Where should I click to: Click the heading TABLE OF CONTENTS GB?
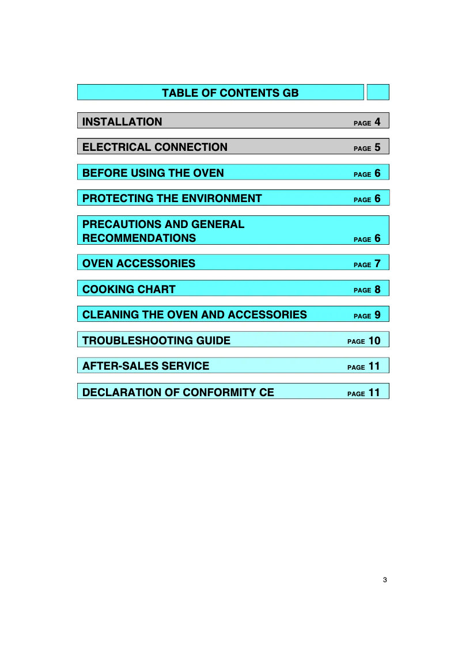tap(230, 93)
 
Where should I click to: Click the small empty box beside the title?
tap(378, 92)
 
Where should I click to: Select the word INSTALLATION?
tap(122, 122)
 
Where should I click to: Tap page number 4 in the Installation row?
tap(377, 122)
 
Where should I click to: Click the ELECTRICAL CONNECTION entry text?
tap(155, 147)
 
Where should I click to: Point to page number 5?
tap(377, 147)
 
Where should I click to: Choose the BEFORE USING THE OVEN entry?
tap(153, 173)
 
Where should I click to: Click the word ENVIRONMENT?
tap(222, 198)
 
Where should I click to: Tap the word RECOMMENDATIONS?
tap(139, 238)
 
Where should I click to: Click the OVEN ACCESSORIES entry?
tap(139, 264)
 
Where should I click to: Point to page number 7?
tap(377, 264)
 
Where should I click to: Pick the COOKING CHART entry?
tap(129, 289)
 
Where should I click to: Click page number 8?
tap(377, 290)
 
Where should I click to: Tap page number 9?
tap(377, 316)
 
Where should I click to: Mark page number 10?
tap(374, 341)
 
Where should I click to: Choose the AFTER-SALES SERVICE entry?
tap(146, 366)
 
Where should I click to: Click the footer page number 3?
tap(385, 580)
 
